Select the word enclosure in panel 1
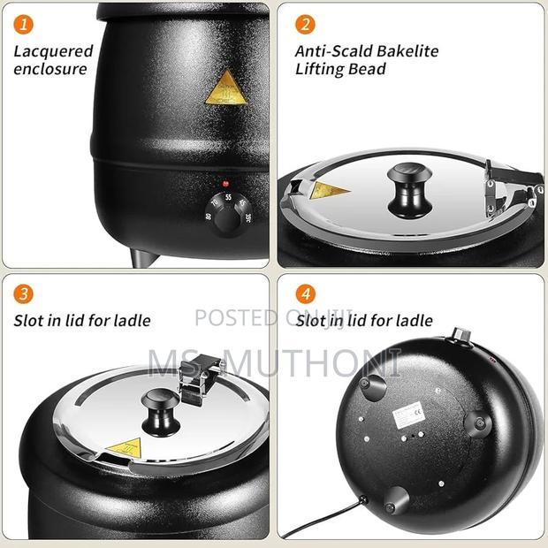[x=49, y=69]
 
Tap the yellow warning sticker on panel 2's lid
[x=329, y=190]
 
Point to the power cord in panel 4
[x=327, y=521]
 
